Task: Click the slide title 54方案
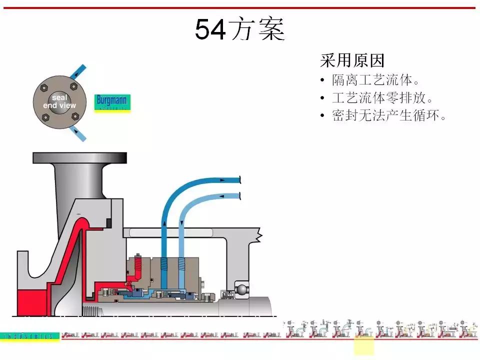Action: tap(239, 29)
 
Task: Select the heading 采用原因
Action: tap(352, 61)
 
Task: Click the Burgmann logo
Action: tap(112, 102)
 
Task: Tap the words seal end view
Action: tap(59, 102)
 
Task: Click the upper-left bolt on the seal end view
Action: tap(44, 88)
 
